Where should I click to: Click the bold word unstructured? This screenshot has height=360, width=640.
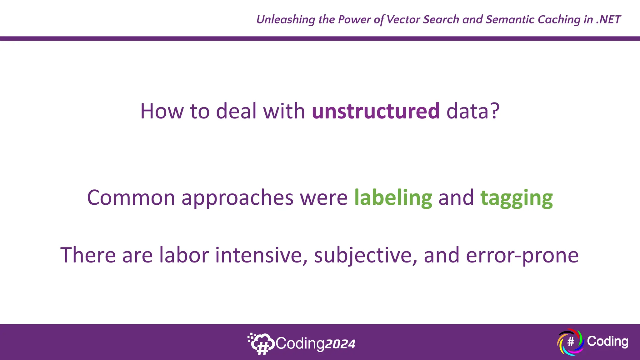[376, 111]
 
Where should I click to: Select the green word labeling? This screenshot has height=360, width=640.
[393, 198]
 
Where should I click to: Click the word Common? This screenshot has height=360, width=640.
[131, 198]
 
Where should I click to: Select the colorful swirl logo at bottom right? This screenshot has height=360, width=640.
[570, 342]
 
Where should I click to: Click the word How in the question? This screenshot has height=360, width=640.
[162, 111]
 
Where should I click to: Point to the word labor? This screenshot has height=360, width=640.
[184, 255]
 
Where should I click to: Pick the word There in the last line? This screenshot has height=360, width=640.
[88, 255]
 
